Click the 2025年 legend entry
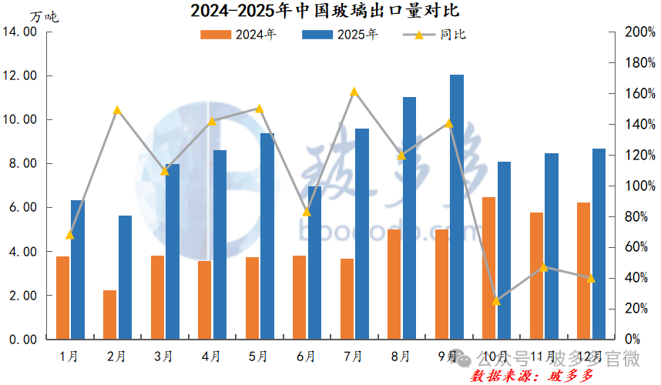coord(340,35)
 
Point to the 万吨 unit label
coord(44,15)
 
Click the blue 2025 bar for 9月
coord(457,206)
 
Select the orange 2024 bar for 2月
coord(110,314)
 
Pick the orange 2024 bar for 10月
coord(488,268)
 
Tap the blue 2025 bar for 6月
coord(314,262)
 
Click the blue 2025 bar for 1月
coord(77,269)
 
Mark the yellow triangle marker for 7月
coord(354,92)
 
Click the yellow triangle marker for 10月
coord(496,301)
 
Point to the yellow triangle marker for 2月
coord(117,110)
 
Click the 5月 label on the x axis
coord(258,357)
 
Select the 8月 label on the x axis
coord(401,357)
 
